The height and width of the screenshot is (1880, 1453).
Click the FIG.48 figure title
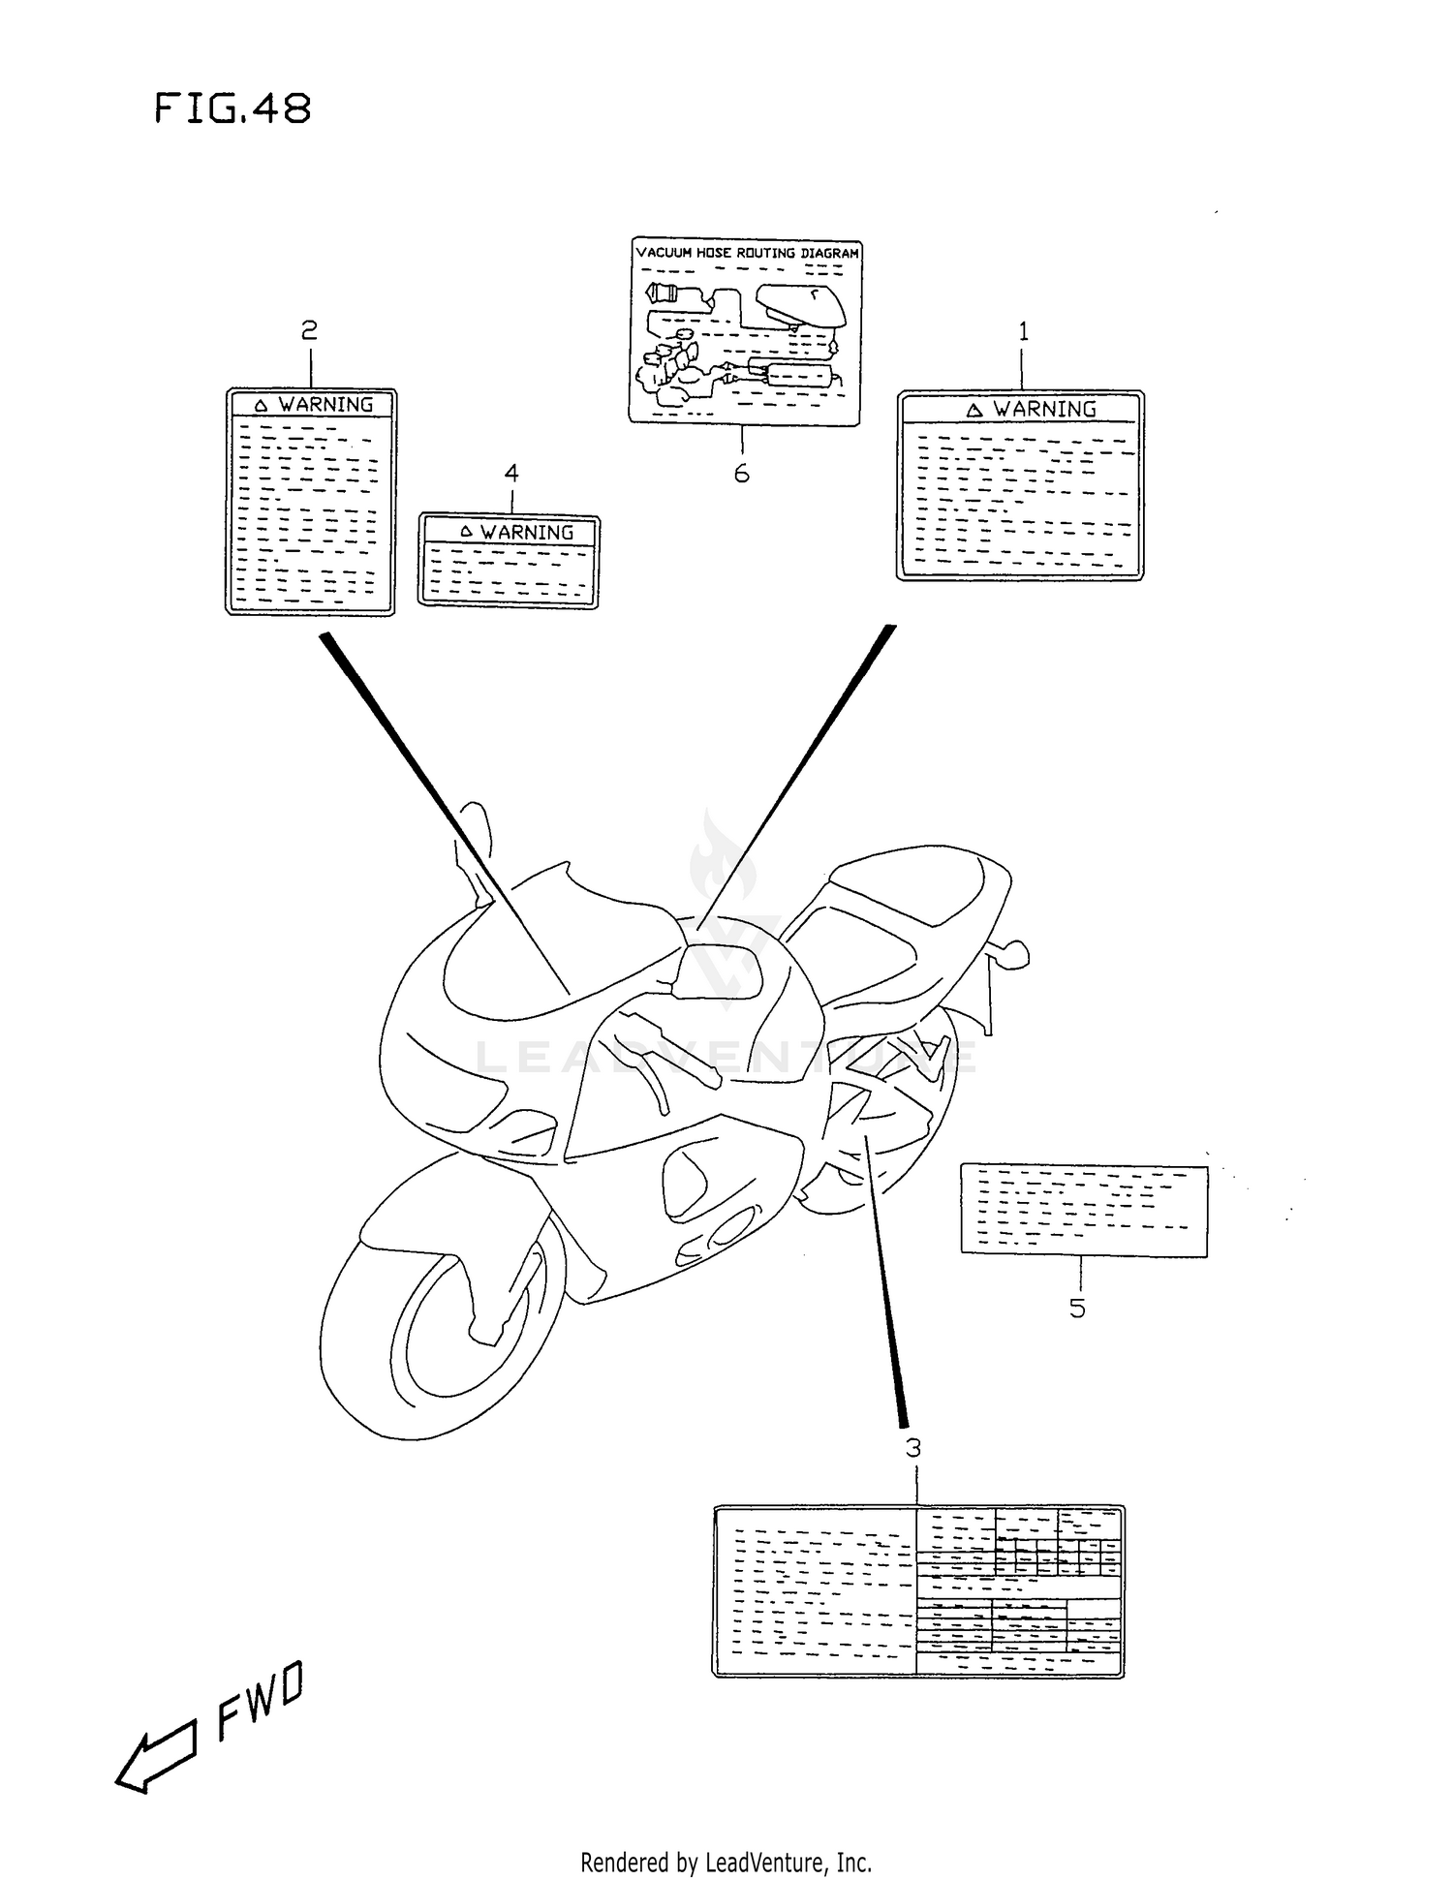(232, 108)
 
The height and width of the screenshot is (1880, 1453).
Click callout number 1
(1023, 332)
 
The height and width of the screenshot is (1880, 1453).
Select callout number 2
(309, 331)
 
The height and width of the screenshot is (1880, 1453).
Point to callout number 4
(511, 473)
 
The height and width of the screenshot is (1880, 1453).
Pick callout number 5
(1077, 1309)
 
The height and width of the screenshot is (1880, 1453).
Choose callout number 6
(741, 474)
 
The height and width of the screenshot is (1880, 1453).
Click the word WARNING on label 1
(1044, 410)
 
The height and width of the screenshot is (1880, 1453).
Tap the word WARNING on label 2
(325, 405)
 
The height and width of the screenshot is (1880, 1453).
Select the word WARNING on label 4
(527, 533)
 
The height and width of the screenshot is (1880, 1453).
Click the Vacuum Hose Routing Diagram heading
(747, 253)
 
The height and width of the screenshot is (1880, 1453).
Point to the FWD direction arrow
(155, 1760)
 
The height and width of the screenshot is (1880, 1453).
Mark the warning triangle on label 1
(974, 411)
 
